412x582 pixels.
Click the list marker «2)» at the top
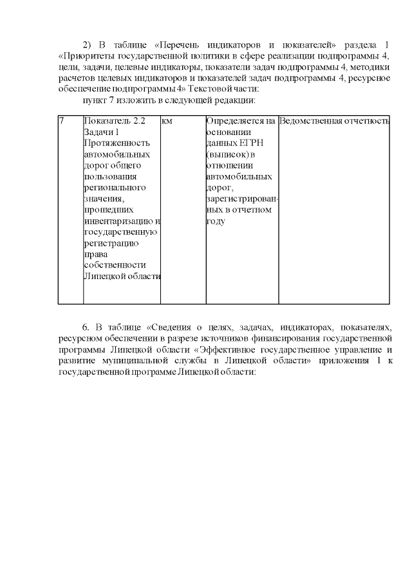(x=89, y=44)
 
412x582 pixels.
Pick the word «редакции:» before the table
(x=236, y=100)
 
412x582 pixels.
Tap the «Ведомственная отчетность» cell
(x=334, y=121)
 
